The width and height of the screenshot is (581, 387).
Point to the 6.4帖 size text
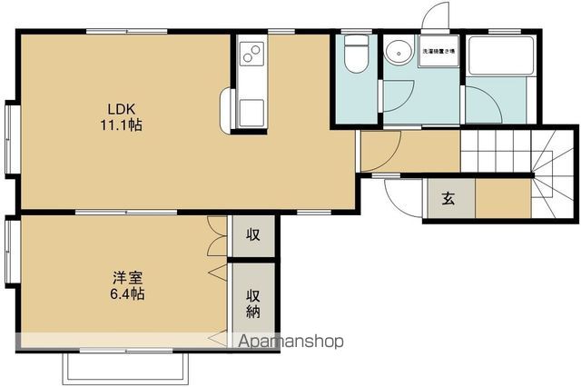coord(126,294)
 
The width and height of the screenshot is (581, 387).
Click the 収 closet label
coord(253,235)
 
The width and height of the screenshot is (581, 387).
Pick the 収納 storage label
coord(253,303)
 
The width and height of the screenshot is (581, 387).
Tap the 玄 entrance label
coord(448,200)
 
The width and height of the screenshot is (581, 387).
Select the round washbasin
coord(397,52)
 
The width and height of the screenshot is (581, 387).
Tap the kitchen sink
coord(251,110)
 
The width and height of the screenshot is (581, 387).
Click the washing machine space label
coord(438,51)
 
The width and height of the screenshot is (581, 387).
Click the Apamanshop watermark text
coord(290,342)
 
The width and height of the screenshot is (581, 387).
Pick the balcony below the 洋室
coord(126,366)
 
